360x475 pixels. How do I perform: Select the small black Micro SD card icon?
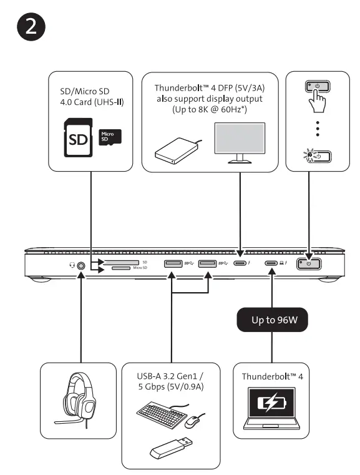coord(110,137)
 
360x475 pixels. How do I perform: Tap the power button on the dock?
coord(309,264)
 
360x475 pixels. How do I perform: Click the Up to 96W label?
coord(272,321)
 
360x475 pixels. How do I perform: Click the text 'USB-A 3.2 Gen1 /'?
coord(170,378)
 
